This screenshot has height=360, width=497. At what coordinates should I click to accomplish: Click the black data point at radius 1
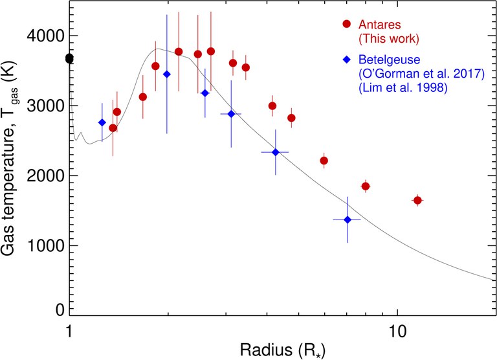click(x=69, y=59)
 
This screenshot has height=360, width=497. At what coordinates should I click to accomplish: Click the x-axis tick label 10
click(x=396, y=330)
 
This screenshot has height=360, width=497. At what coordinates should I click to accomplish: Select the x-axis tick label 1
click(x=69, y=330)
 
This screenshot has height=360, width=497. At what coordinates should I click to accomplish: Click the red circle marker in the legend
click(x=346, y=24)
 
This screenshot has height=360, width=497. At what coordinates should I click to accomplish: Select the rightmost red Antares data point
click(x=417, y=201)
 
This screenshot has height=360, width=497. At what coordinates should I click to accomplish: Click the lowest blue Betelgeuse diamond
click(x=348, y=220)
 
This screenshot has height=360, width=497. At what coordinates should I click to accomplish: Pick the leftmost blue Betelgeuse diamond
click(x=102, y=122)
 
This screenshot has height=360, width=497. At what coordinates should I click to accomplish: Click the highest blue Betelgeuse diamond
click(x=167, y=74)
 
